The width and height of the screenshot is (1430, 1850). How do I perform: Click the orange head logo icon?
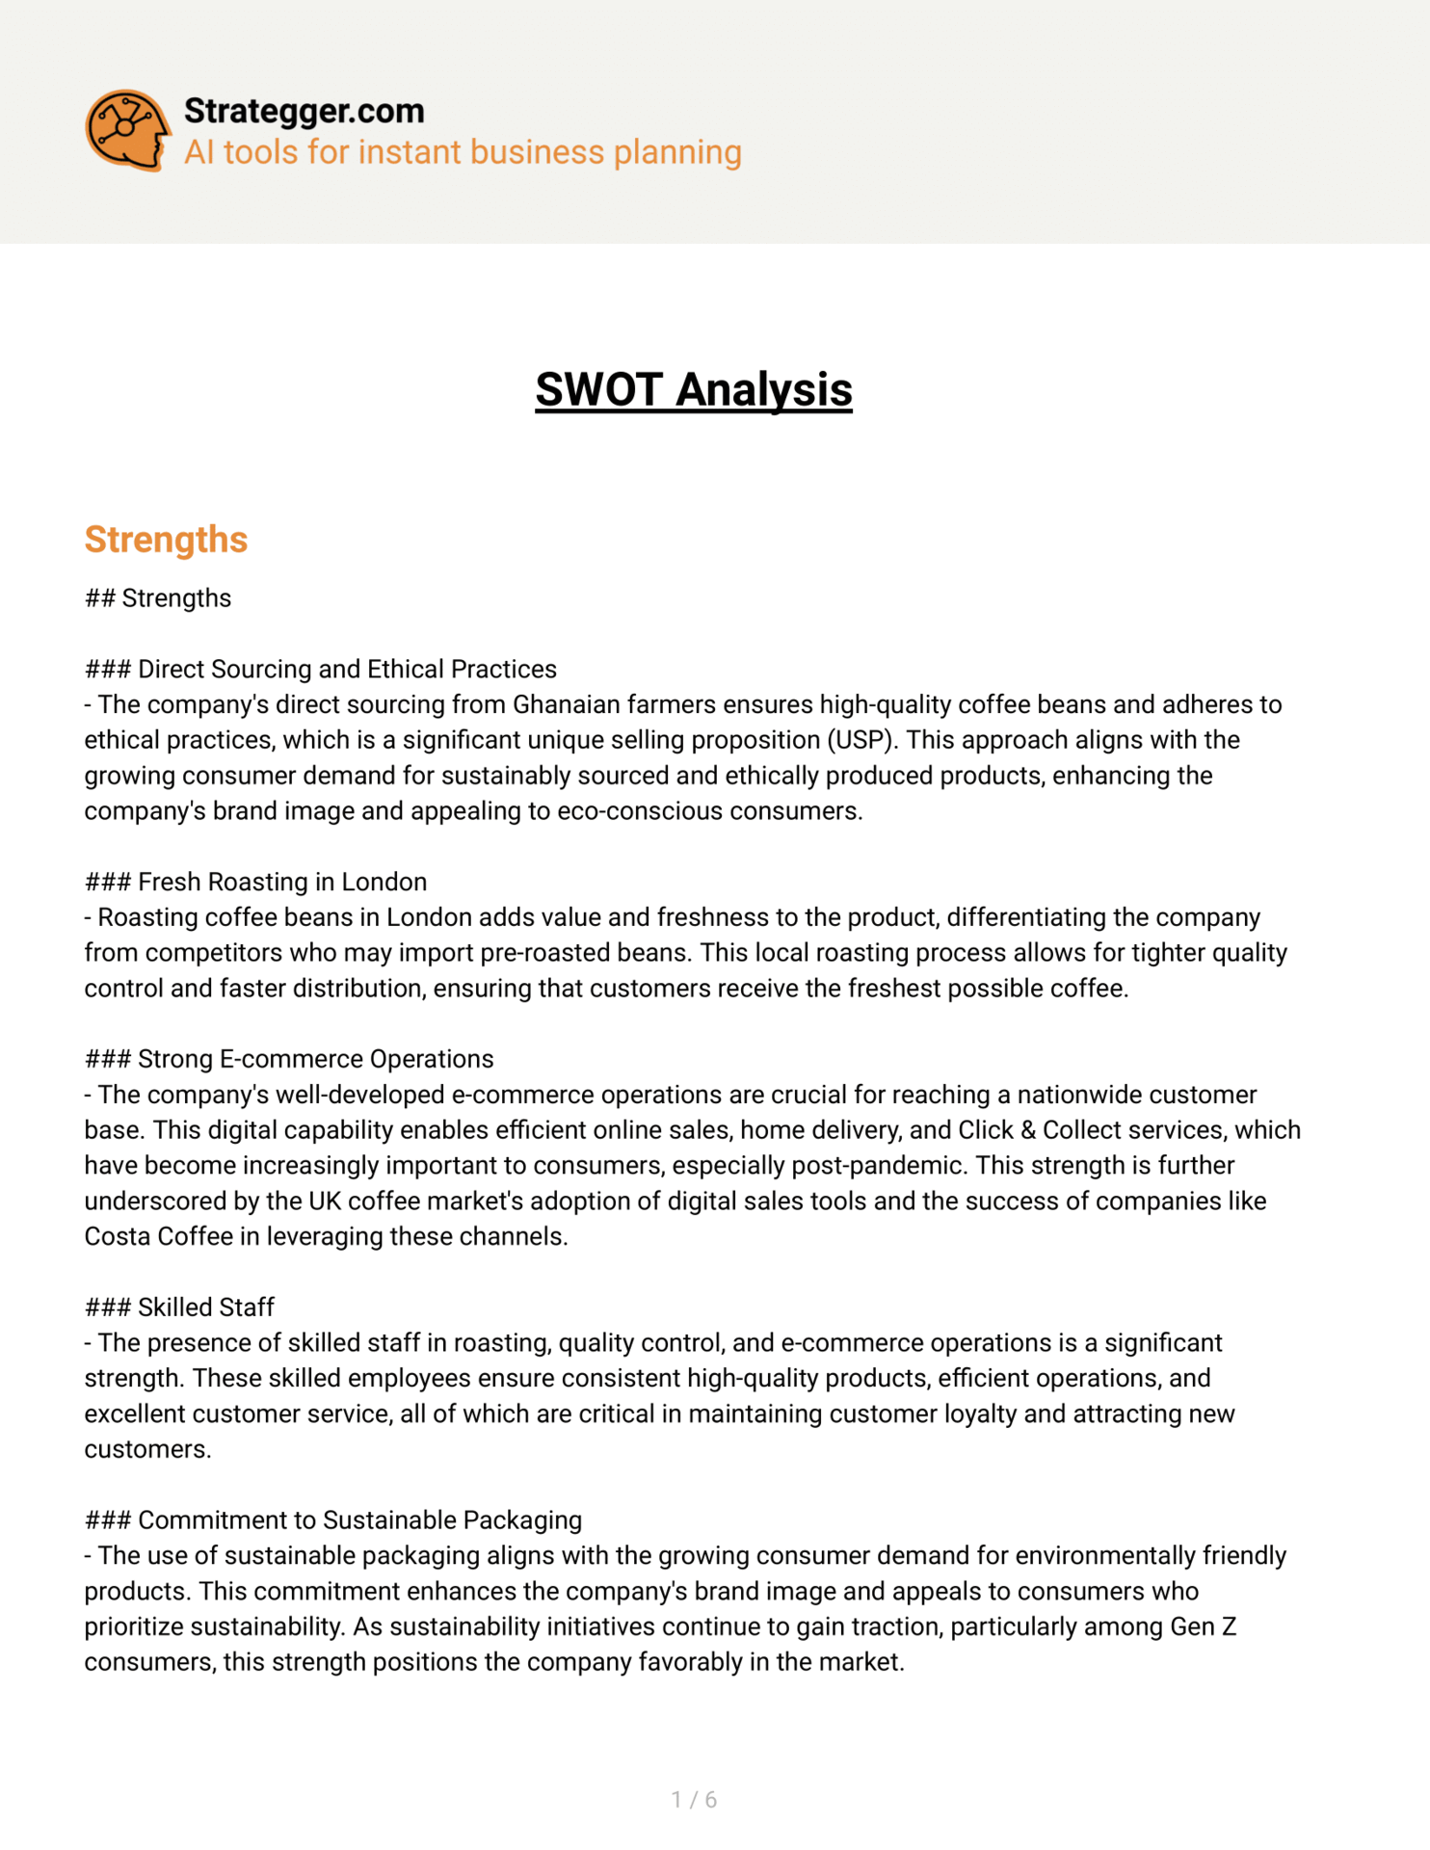[x=127, y=130]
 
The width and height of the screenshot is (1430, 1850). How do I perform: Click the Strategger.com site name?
[x=304, y=111]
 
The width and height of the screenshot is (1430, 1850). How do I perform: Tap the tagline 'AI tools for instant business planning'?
[x=463, y=152]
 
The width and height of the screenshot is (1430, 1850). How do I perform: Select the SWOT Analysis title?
[x=694, y=389]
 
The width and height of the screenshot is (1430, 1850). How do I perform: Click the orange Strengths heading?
[x=166, y=540]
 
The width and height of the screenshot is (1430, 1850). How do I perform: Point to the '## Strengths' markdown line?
[x=158, y=598]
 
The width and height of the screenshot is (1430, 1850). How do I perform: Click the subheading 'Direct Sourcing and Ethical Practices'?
[x=347, y=670]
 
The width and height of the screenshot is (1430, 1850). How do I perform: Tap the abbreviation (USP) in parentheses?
[x=861, y=740]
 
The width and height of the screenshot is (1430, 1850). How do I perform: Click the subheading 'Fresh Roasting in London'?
[x=281, y=883]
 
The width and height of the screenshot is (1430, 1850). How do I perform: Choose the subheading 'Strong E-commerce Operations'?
[x=315, y=1060]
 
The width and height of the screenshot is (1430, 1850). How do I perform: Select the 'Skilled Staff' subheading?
[x=205, y=1308]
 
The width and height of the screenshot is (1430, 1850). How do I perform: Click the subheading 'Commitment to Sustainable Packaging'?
[x=359, y=1520]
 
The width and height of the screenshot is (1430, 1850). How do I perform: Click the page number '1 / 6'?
[x=694, y=1800]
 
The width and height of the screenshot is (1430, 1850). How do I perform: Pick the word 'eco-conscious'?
[x=646, y=811]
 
